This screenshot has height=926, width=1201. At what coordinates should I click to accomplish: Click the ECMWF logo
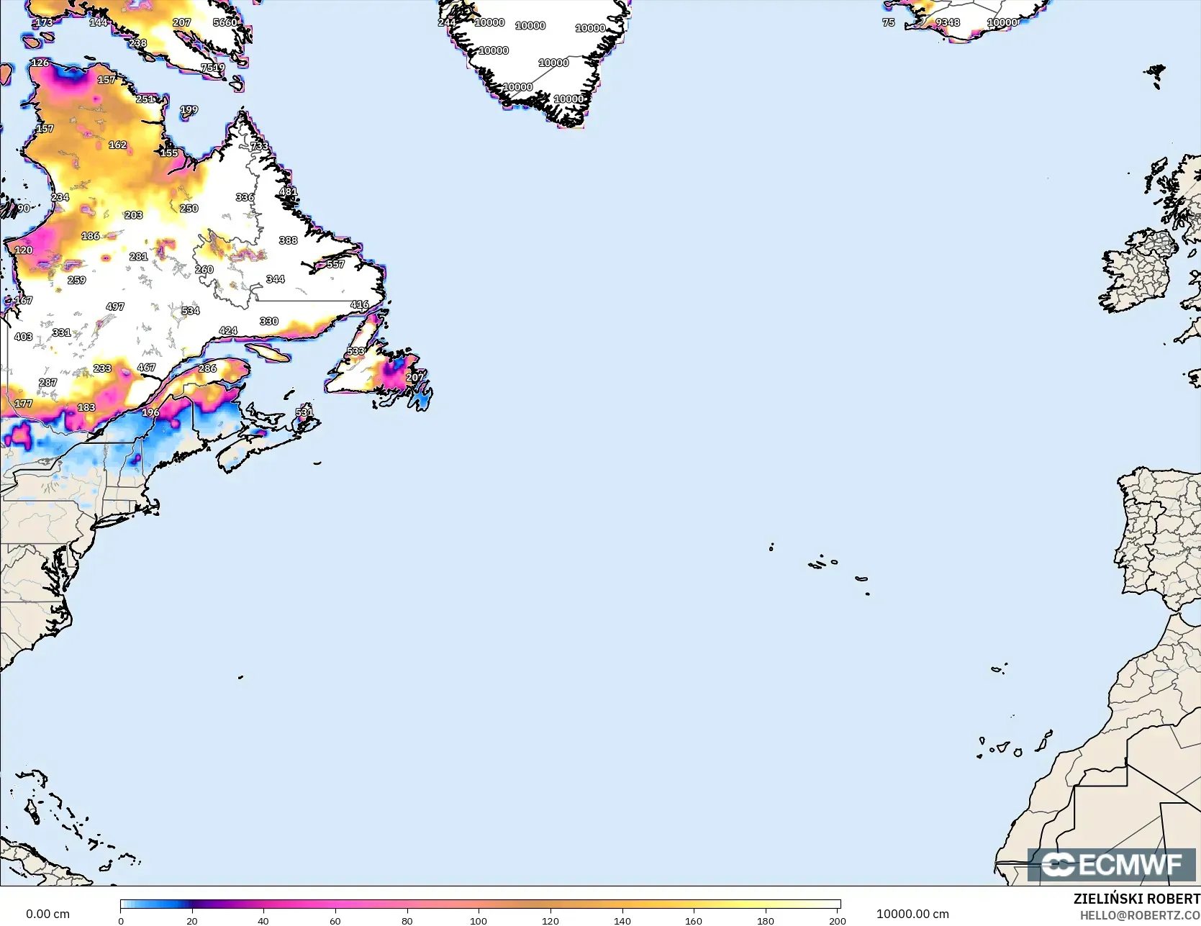click(x=1111, y=864)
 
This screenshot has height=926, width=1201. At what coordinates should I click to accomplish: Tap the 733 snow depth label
click(x=259, y=146)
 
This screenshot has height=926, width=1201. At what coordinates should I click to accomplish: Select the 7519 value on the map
click(x=213, y=68)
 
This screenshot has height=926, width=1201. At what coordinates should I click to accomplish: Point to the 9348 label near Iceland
click(x=948, y=22)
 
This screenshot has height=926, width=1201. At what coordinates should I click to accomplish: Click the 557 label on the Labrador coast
click(x=335, y=264)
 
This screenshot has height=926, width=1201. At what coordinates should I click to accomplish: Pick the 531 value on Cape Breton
click(x=304, y=412)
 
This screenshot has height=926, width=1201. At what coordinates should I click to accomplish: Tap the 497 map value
click(x=115, y=307)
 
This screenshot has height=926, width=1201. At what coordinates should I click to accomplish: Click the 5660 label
click(x=225, y=22)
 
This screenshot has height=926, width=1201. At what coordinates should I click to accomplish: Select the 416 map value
click(x=360, y=305)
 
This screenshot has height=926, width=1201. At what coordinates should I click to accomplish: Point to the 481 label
click(x=288, y=191)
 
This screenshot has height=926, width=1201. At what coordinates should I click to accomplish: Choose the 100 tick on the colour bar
click(x=479, y=920)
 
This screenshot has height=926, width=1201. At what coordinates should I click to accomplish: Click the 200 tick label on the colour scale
click(x=837, y=920)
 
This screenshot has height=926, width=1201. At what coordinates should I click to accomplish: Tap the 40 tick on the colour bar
click(x=263, y=920)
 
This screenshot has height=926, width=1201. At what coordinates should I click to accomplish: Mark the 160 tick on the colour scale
click(x=694, y=920)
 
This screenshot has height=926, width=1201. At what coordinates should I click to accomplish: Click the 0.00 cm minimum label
click(x=47, y=914)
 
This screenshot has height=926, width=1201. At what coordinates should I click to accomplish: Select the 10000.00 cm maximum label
click(x=912, y=914)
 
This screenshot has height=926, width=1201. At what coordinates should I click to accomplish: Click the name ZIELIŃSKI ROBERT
click(x=1136, y=899)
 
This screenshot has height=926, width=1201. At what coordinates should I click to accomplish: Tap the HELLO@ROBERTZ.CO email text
click(x=1140, y=915)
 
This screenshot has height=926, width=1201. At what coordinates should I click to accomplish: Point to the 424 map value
click(x=228, y=331)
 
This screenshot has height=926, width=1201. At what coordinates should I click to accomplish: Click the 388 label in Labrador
click(x=288, y=240)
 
